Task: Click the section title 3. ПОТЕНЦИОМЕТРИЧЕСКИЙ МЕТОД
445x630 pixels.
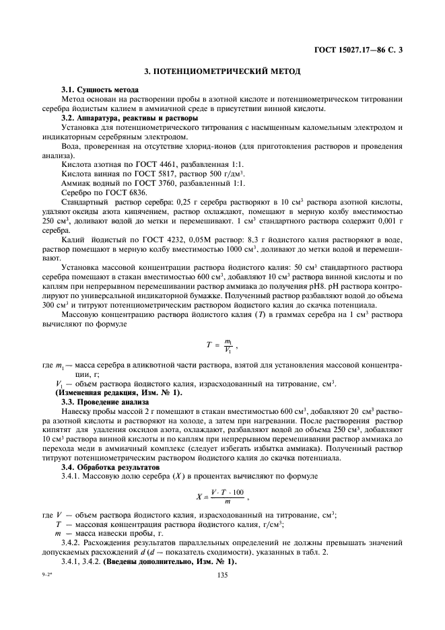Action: tap(222, 71)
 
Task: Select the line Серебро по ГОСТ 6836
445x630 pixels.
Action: tap(99, 192)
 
